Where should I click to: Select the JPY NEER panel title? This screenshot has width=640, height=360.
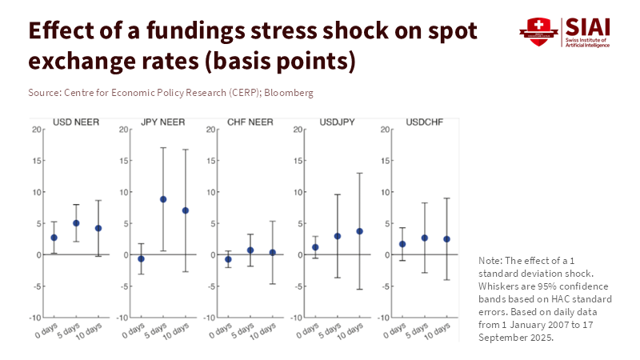pyautogui.click(x=163, y=122)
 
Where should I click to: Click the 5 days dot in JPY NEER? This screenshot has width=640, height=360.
pyautogui.click(x=163, y=199)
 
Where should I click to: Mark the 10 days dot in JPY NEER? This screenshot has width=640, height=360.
pyautogui.click(x=185, y=210)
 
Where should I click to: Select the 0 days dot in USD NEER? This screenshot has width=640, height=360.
pyautogui.click(x=54, y=238)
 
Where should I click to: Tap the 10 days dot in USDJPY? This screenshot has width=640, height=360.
pyautogui.click(x=359, y=231)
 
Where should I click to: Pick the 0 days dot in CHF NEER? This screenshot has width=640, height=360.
pyautogui.click(x=228, y=259)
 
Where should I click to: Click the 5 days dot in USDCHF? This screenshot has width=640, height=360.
pyautogui.click(x=424, y=238)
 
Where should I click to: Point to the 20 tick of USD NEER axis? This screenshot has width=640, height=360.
pyautogui.click(x=37, y=130)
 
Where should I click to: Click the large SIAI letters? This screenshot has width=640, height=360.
pyautogui.click(x=586, y=26)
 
